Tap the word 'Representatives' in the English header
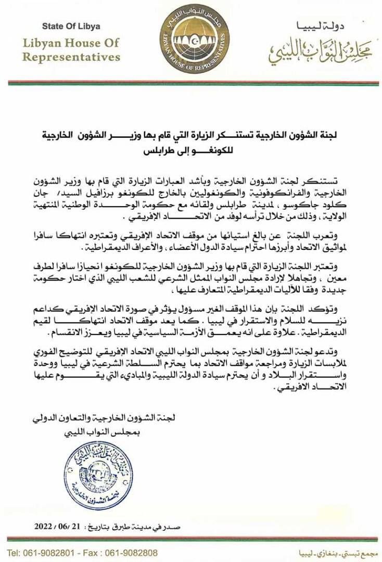71,56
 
